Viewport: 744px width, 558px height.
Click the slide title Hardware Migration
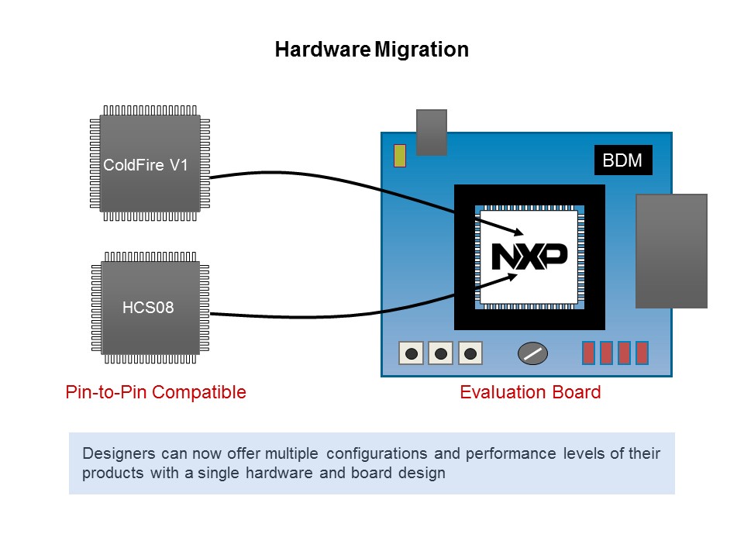[372, 50]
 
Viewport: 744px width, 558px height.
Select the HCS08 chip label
[148, 308]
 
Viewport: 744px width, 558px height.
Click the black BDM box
[623, 160]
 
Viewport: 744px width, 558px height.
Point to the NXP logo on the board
[529, 257]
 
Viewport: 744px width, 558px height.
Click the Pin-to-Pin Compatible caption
[156, 392]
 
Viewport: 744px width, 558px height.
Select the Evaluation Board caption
[530, 392]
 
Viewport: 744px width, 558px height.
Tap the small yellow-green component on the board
[400, 156]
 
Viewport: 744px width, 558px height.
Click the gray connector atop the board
[432, 132]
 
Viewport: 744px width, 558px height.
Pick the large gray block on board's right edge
[671, 250]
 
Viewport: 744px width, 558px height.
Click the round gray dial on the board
[532, 353]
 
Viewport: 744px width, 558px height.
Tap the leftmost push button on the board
[412, 353]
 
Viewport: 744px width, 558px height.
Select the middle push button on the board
[441, 353]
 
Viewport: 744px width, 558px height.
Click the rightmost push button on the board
[470, 353]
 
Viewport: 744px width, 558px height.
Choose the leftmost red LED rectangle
[588, 353]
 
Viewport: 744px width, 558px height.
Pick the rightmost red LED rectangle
[642, 353]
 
